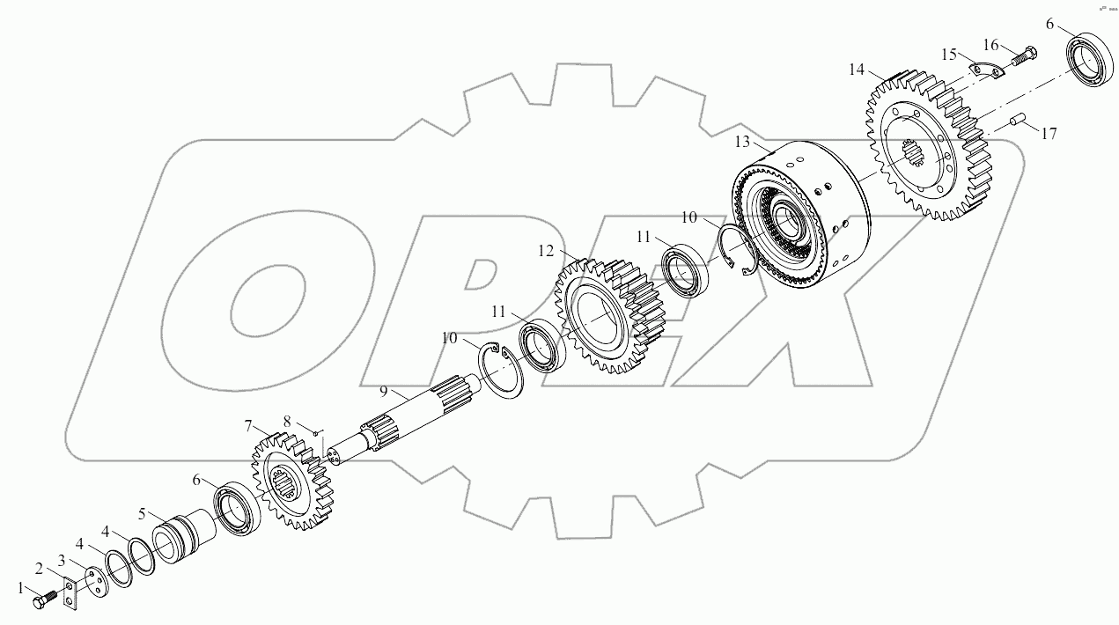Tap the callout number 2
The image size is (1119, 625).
(x=39, y=568)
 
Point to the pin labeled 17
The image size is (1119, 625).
(x=1021, y=118)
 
